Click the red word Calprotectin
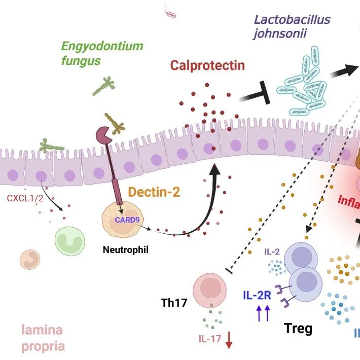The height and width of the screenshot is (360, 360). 207,65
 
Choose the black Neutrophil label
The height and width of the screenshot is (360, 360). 125,249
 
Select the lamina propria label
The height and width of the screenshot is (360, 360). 43,338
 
